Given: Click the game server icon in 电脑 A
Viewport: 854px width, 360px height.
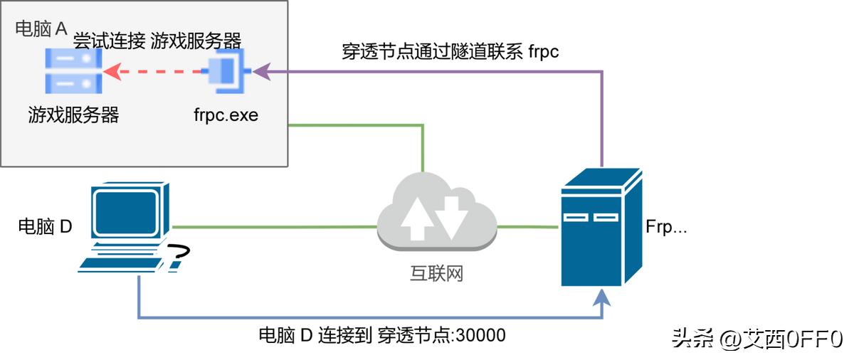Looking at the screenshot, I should (73, 71).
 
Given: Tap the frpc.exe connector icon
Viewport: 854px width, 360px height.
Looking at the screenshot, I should (227, 71).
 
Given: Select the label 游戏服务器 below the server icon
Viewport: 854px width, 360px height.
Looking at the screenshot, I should (73, 114).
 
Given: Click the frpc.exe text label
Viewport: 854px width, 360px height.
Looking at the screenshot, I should (226, 115).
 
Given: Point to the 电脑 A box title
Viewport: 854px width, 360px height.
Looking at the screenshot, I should (41, 29).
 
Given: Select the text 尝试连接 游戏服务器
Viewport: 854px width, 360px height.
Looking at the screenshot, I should (157, 40).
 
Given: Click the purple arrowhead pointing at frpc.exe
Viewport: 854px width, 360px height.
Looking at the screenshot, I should (260, 71).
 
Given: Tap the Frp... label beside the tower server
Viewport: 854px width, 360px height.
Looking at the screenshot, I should (666, 227).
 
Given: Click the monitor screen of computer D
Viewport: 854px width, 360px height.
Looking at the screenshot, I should (126, 212).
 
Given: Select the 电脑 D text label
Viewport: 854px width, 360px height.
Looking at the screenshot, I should (45, 227).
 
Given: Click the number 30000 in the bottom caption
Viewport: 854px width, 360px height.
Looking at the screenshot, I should (482, 335).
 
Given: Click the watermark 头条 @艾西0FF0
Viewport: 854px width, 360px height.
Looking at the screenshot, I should (757, 338).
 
